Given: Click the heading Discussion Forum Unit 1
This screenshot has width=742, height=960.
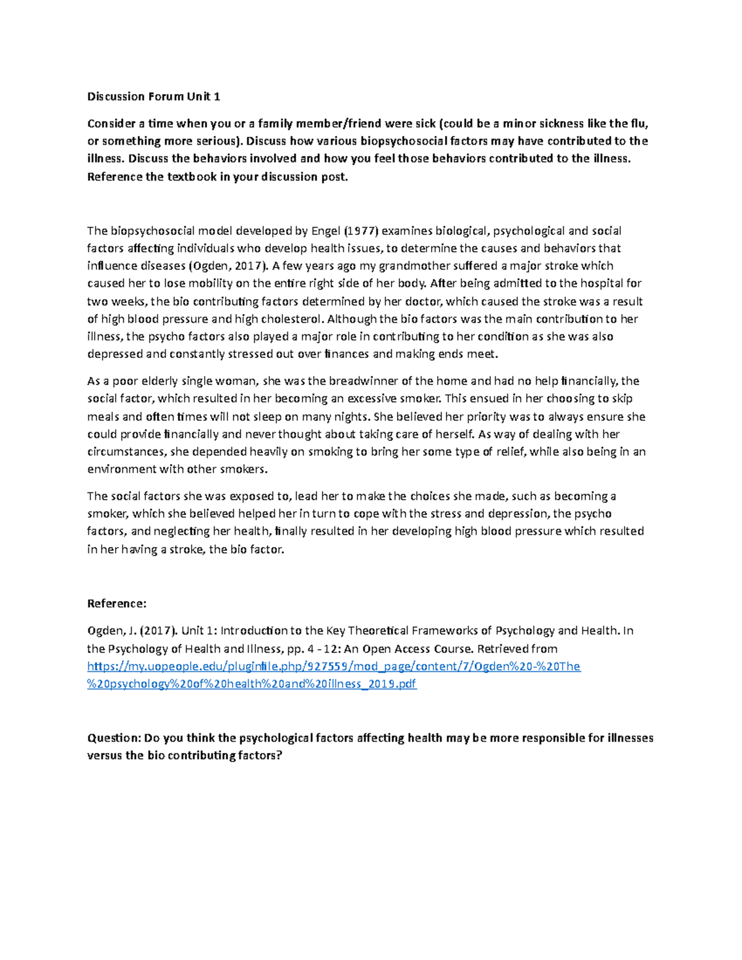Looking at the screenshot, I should click(153, 96).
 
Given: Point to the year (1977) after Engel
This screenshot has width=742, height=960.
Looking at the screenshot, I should click(362, 231).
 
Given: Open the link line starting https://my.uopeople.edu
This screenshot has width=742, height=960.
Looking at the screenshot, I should click(334, 666).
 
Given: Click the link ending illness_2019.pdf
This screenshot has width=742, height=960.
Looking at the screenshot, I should click(252, 684).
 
